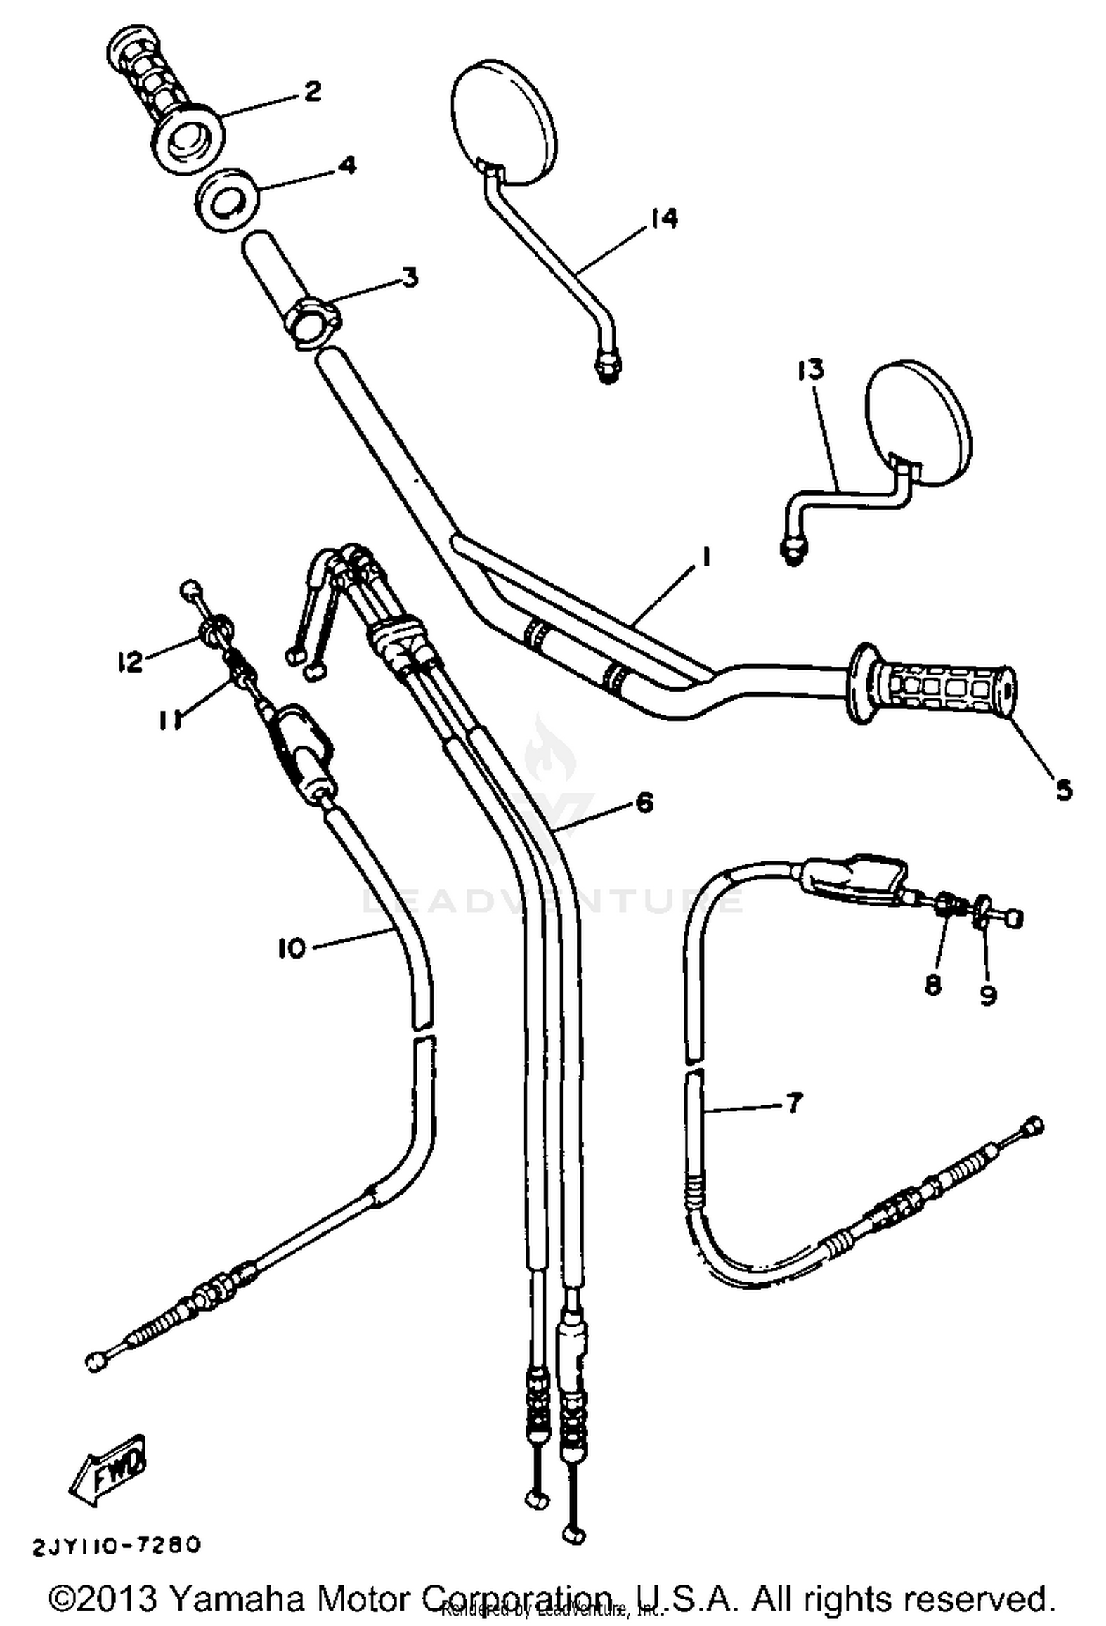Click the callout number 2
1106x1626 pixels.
(x=312, y=92)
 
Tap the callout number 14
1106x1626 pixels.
(x=664, y=218)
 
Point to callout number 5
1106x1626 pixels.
(x=1062, y=791)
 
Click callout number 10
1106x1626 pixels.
(x=291, y=948)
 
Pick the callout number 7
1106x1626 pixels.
(x=793, y=1104)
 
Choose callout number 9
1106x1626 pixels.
(x=988, y=995)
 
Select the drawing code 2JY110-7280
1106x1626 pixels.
(x=116, y=1543)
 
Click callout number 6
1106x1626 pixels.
(x=644, y=802)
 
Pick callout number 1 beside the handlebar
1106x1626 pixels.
(x=706, y=557)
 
